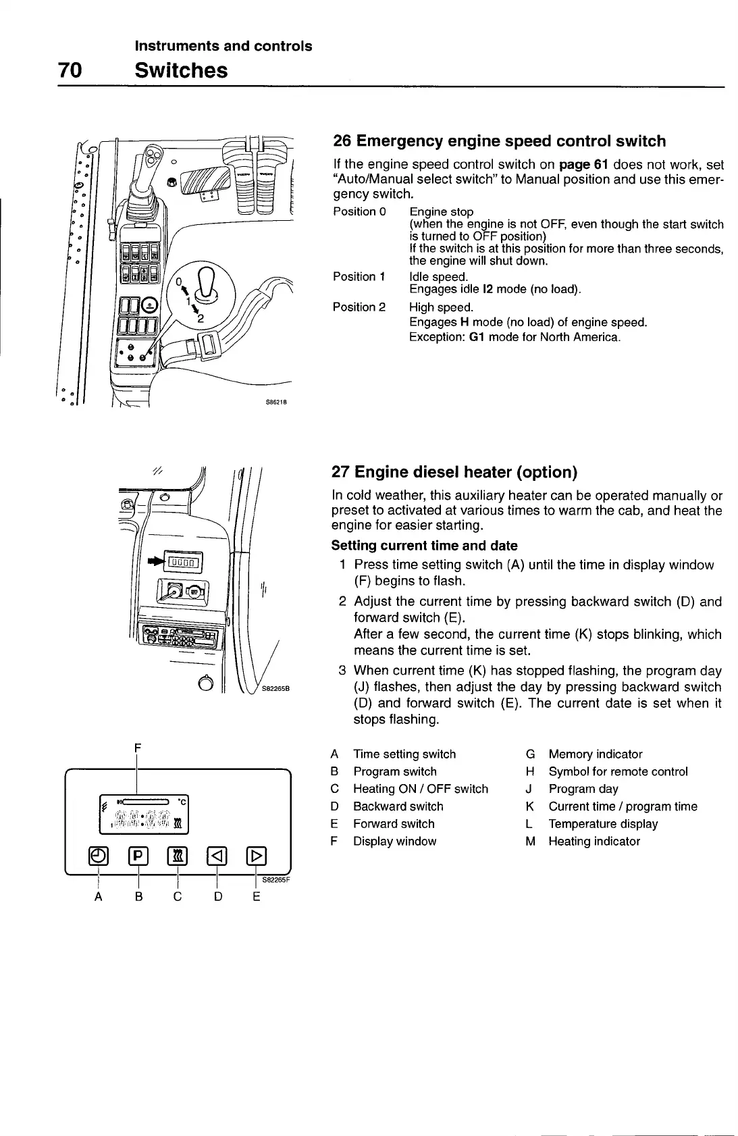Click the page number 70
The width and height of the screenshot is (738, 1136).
[70, 70]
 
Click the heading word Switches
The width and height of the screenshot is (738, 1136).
[181, 70]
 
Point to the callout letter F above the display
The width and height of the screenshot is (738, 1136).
[137, 748]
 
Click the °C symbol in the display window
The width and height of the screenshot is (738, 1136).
[181, 801]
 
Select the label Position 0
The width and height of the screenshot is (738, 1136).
[359, 212]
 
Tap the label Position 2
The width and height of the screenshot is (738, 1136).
[359, 307]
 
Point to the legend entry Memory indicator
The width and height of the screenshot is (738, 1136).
[595, 754]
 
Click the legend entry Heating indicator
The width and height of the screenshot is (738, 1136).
[594, 842]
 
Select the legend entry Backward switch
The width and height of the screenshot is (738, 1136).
[398, 806]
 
